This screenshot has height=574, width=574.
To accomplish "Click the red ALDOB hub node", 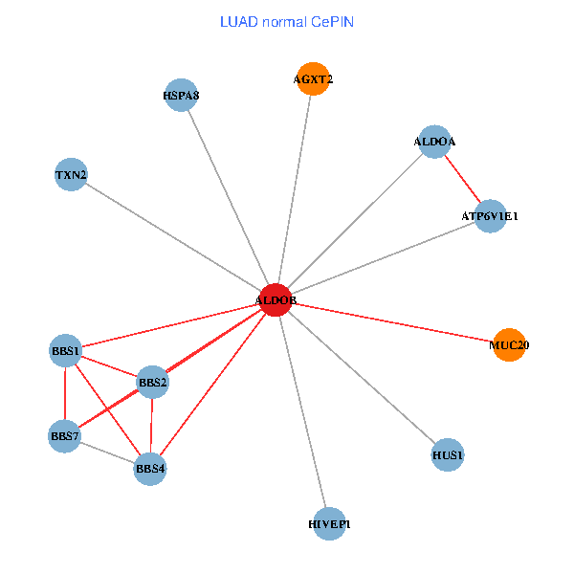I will tap(276, 300).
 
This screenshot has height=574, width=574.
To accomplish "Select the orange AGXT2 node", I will tap(313, 79).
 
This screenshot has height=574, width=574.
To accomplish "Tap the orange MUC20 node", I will tap(508, 344).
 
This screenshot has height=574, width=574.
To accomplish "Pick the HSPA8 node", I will tap(181, 95).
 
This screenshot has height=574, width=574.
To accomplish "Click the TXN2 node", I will tap(71, 175).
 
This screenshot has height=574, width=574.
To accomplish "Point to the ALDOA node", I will tap(435, 142).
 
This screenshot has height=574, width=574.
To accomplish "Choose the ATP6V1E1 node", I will tap(490, 216).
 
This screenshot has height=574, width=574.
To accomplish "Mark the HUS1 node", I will tap(448, 455).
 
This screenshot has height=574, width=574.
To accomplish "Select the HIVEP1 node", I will tap(329, 523).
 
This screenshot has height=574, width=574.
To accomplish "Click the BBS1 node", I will tap(65, 350).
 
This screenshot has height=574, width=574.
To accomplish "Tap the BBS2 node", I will tap(153, 383).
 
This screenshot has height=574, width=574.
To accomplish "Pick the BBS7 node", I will tap(65, 437).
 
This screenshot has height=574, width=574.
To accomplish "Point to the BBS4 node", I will tap(150, 469).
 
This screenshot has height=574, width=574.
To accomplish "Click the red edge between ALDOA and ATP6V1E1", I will tap(463, 179).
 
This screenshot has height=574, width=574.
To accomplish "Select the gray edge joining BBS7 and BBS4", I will tap(107, 453).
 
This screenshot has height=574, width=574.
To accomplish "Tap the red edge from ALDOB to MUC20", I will tap(392, 322).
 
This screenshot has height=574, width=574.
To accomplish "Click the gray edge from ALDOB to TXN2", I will tap(172, 237).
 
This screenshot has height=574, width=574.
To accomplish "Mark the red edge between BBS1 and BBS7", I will tap(65, 394).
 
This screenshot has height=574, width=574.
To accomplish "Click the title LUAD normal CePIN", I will tap(287, 21).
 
